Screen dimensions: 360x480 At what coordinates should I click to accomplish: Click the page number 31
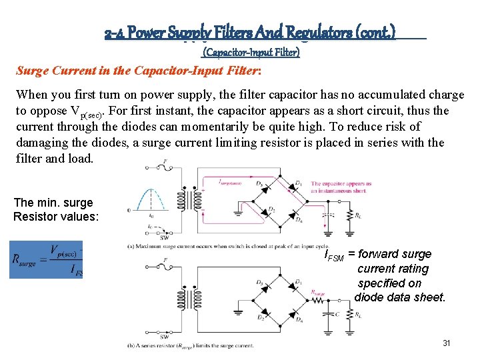[447, 343]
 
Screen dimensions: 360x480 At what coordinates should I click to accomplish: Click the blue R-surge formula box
[46, 259]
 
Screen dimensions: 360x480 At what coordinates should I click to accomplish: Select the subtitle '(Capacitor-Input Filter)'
[251, 51]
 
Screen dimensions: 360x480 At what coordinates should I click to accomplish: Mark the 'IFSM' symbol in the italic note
[334, 255]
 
